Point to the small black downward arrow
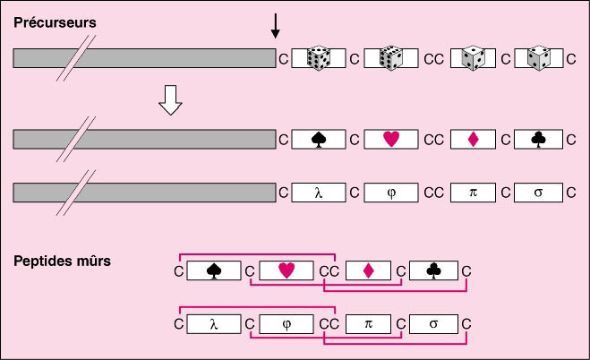275,27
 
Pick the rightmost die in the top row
537,58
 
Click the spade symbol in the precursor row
318,139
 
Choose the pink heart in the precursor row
391,139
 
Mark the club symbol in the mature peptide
434,270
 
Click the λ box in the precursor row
318,192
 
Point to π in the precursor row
475,192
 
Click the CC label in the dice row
433,59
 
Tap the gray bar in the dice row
143,58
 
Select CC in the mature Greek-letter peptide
329,323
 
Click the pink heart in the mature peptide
286,270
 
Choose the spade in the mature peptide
214,270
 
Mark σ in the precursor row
537,192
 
